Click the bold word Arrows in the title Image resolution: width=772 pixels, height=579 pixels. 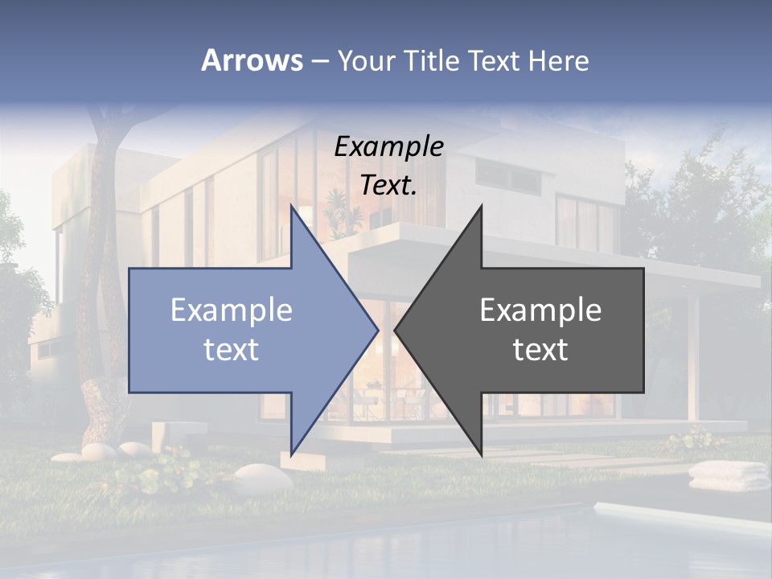[x=251, y=60]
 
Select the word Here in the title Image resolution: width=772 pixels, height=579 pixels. [x=557, y=60]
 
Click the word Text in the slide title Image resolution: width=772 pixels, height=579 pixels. [x=494, y=60]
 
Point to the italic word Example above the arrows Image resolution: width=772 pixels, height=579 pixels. [x=389, y=147]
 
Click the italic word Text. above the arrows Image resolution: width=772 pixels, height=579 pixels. [x=389, y=186]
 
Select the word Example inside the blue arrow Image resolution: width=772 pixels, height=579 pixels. [x=232, y=310]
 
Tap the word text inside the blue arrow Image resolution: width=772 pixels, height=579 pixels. [x=232, y=350]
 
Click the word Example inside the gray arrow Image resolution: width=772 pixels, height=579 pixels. [x=540, y=310]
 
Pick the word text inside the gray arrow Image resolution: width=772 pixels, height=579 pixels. [x=540, y=350]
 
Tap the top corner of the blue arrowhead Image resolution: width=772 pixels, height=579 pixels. [x=291, y=207]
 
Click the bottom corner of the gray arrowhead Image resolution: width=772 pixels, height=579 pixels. [x=481, y=454]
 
